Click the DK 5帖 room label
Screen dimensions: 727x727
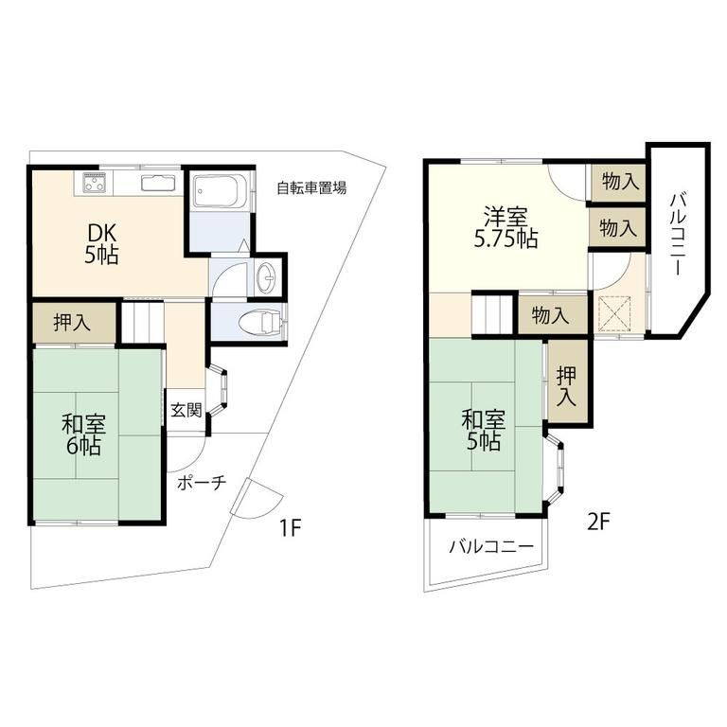click(x=102, y=244)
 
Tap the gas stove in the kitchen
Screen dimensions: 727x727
click(x=94, y=182)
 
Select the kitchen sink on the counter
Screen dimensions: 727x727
click(x=156, y=183)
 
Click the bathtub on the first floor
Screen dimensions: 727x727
click(x=220, y=193)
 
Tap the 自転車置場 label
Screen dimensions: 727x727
click(x=310, y=187)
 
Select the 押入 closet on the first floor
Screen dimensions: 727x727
click(x=72, y=323)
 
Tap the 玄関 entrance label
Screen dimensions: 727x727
click(x=186, y=410)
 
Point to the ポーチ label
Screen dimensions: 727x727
click(x=201, y=483)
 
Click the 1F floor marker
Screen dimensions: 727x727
click(x=289, y=527)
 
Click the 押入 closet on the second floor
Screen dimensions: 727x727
click(x=566, y=387)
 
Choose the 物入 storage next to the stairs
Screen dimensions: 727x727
click(x=550, y=315)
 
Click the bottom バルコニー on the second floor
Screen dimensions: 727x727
click(x=490, y=547)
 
